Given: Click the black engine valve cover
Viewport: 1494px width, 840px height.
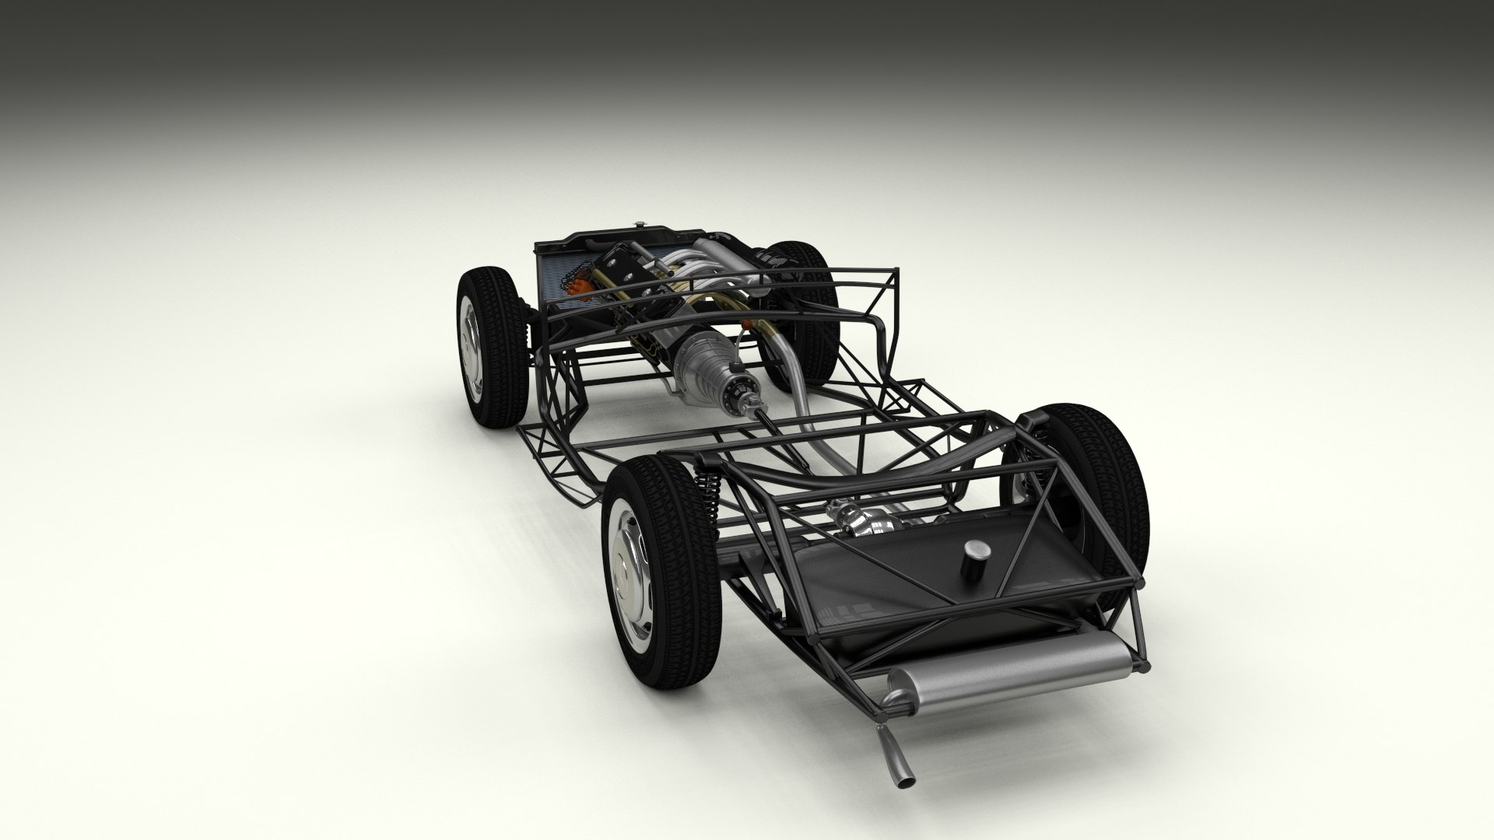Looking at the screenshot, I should (622, 268).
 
